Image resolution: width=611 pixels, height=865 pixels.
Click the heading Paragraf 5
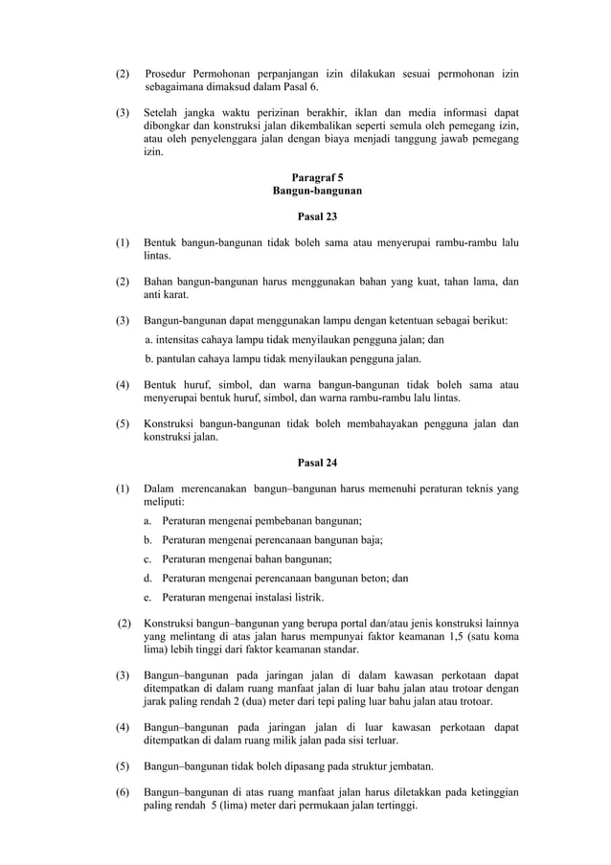tap(317, 177)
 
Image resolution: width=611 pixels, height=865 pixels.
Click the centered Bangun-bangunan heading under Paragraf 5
tap(317, 192)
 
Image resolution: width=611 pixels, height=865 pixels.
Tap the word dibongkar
tap(167, 125)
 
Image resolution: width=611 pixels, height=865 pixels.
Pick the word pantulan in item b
tap(179, 359)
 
